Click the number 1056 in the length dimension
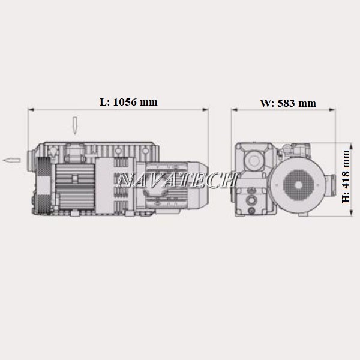click(125, 102)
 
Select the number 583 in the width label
click(286, 103)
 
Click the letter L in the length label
click(103, 102)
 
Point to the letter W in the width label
click(265, 103)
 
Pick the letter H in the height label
click(346, 199)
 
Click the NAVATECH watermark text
click(177, 179)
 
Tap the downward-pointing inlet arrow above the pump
click(74, 125)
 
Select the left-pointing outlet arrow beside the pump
click(12, 160)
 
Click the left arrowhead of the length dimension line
click(31, 110)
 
